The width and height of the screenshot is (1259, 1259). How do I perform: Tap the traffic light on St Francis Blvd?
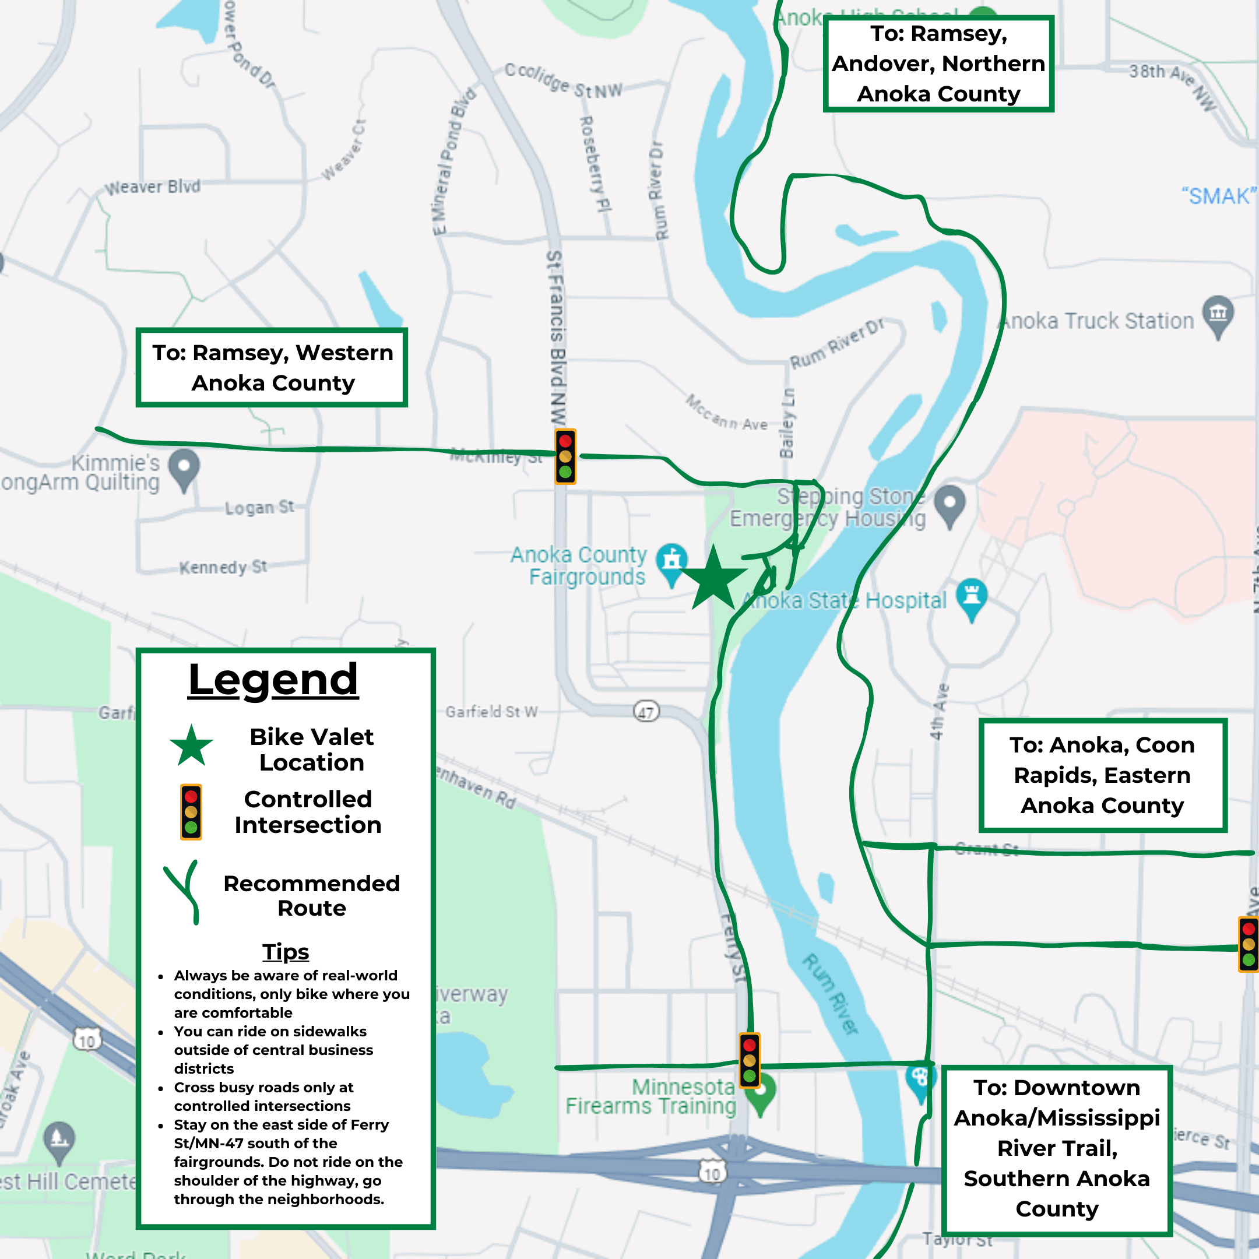coord(565,456)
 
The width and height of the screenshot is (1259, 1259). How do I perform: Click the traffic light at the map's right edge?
coord(1248,944)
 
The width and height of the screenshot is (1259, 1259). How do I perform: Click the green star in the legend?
coord(191,746)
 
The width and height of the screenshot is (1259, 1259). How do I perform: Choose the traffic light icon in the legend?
coord(191,812)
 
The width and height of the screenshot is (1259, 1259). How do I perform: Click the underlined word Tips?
coord(286,951)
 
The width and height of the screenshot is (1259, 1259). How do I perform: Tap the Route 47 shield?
coord(646,712)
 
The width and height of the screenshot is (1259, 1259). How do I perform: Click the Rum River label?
coord(829,994)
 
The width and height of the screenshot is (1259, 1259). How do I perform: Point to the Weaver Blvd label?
coord(153,187)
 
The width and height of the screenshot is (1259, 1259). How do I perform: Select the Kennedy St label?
coord(223,567)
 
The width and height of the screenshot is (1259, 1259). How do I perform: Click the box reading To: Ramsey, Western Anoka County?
coord(272,368)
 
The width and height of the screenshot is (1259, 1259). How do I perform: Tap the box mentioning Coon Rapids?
coord(1102,775)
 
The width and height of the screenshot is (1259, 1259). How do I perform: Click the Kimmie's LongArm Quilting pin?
coord(184,468)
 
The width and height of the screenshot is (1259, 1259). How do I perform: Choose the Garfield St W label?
coord(491,712)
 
